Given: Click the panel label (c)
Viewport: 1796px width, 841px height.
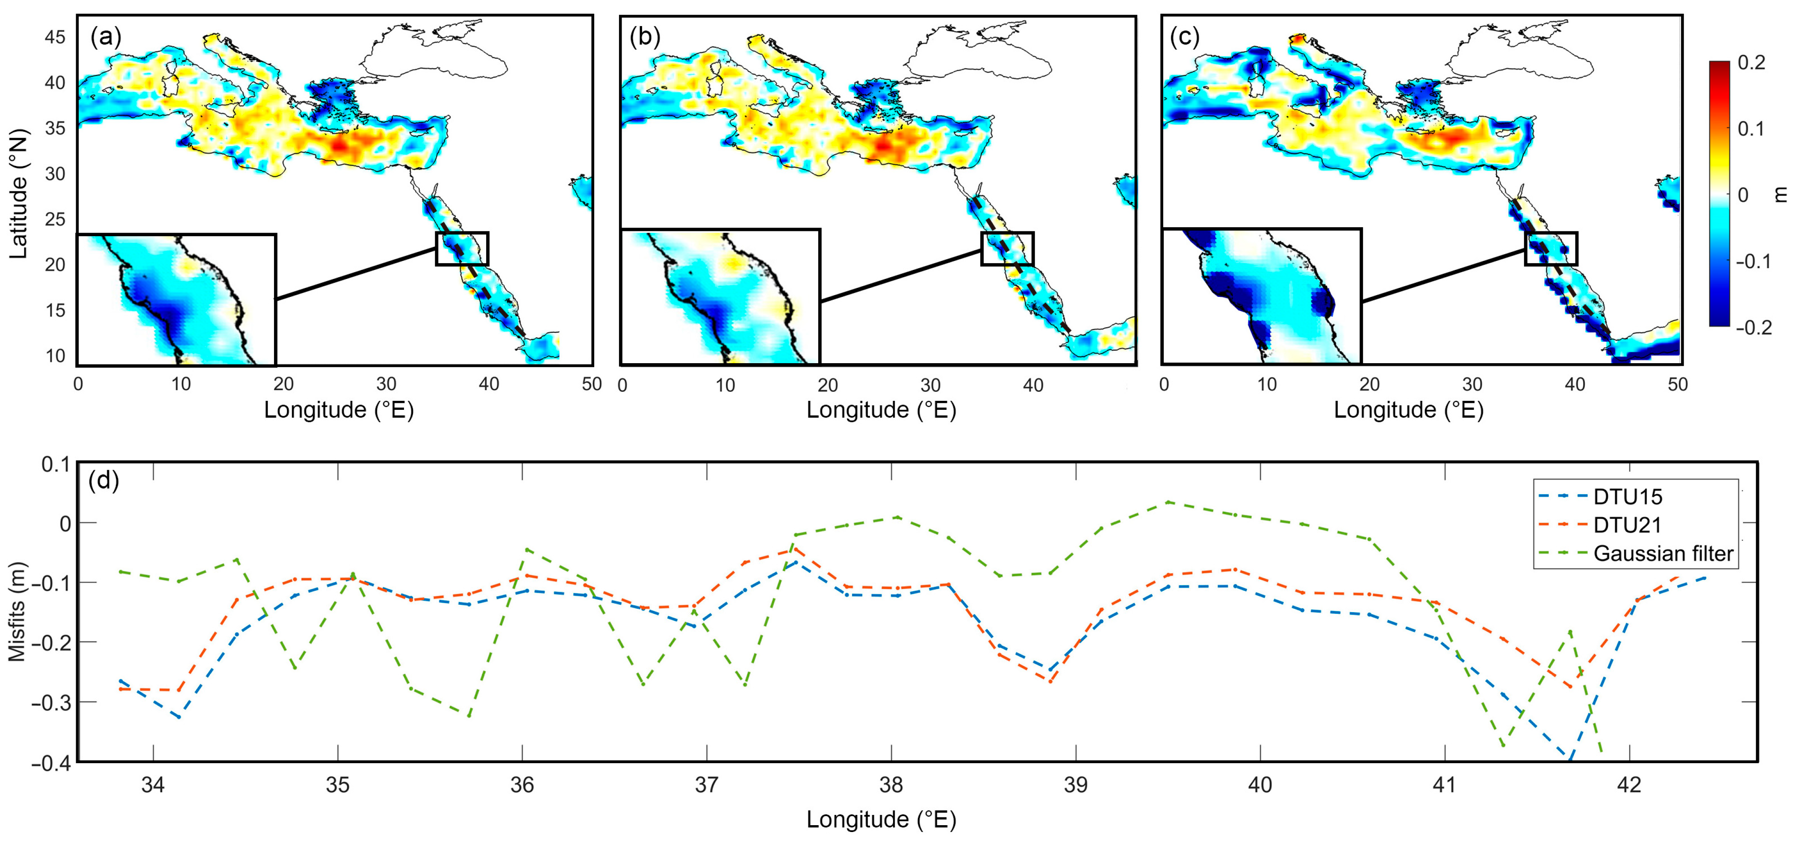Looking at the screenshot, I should pyautogui.click(x=1184, y=37).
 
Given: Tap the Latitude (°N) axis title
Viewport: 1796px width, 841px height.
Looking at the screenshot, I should pyautogui.click(x=19, y=194).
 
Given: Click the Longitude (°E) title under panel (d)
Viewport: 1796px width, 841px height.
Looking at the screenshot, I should pyautogui.click(x=881, y=819).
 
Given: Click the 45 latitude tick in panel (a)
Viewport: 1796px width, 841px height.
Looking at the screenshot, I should pyautogui.click(x=55, y=37).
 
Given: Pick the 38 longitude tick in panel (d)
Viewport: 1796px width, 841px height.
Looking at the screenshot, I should pyautogui.click(x=891, y=785).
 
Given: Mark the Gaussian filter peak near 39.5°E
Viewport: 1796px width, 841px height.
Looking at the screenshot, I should pyautogui.click(x=1168, y=502).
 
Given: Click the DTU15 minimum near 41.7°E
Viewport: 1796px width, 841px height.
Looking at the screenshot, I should pyautogui.click(x=1569, y=759).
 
